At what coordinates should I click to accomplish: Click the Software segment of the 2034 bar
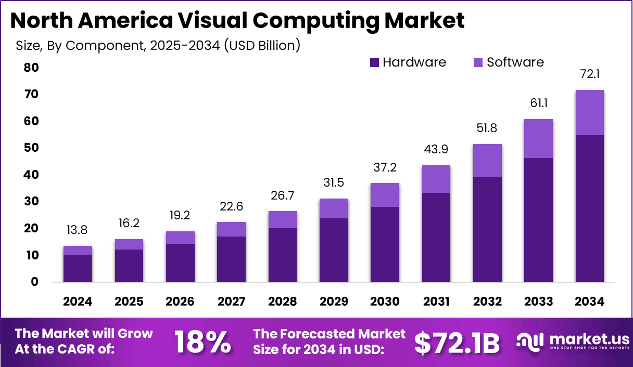(589, 112)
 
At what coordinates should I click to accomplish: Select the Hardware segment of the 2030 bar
(385, 244)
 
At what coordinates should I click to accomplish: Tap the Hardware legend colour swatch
(375, 63)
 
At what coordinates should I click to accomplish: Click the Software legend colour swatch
(478, 63)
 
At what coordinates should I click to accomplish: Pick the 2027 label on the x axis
(231, 302)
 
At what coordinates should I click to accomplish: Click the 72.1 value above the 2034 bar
(589, 75)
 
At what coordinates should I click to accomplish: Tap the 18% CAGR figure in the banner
(202, 342)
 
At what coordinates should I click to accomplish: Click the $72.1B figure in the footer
(457, 343)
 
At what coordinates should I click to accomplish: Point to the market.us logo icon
(530, 341)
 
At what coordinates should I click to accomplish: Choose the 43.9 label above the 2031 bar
(436, 150)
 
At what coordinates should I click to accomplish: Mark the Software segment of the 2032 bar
(487, 160)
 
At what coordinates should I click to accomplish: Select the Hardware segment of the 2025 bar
(129, 266)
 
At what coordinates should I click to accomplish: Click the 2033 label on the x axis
(538, 302)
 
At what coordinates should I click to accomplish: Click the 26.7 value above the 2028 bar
(282, 196)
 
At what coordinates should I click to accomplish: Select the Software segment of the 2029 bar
(333, 208)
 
